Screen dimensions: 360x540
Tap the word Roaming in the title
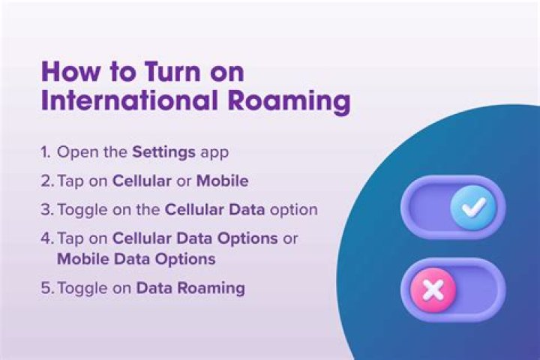tap(294, 102)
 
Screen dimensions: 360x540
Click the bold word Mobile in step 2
tap(222, 181)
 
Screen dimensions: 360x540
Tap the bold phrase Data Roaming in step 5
tap(190, 288)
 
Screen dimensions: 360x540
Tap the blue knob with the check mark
tap(472, 208)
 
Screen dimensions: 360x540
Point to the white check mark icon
tap(472, 208)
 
